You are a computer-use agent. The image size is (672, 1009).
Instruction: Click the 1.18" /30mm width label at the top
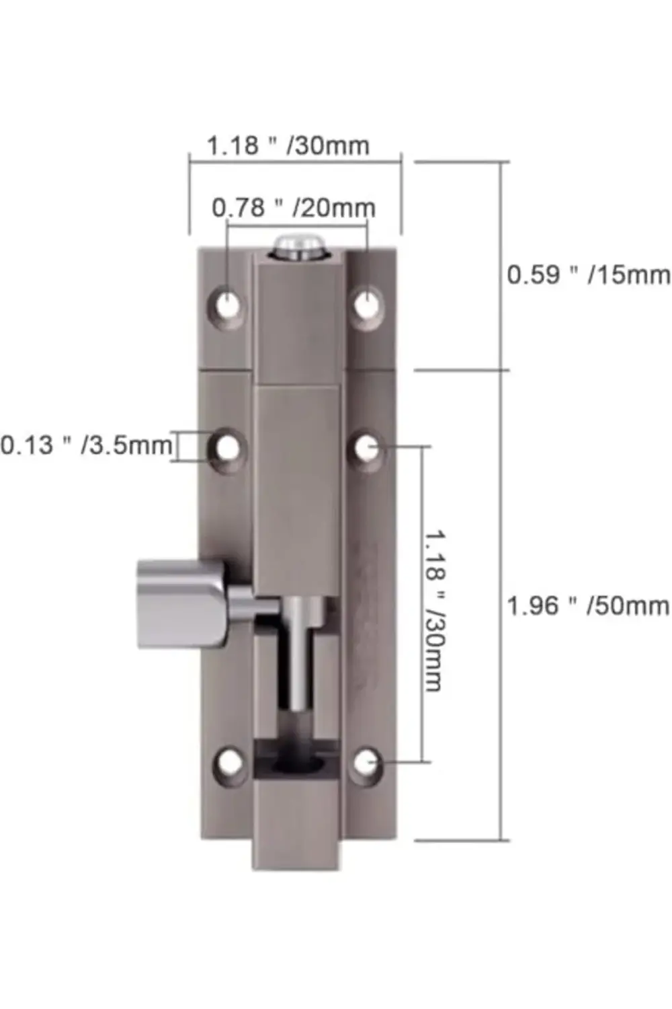pyautogui.click(x=288, y=145)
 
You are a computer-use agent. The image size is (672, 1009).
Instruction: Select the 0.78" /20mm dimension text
pyautogui.click(x=294, y=208)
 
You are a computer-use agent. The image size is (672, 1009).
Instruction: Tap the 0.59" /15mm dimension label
pyautogui.click(x=589, y=274)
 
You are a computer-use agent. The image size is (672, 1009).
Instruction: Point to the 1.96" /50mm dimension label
pyautogui.click(x=588, y=606)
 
